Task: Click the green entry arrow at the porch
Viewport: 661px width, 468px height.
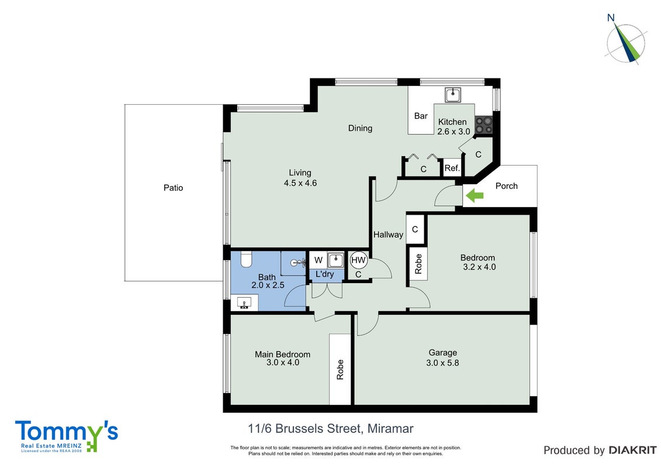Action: pyautogui.click(x=475, y=195)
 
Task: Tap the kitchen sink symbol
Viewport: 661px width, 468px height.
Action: pyautogui.click(x=453, y=95)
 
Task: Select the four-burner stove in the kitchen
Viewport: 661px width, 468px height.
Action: pyautogui.click(x=483, y=125)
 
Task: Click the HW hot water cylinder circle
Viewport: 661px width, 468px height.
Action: pyautogui.click(x=358, y=260)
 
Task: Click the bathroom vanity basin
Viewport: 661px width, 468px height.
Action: pyautogui.click(x=245, y=302)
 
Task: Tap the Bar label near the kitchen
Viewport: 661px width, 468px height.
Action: pyautogui.click(x=421, y=116)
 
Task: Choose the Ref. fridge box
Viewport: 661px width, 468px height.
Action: pyautogui.click(x=452, y=168)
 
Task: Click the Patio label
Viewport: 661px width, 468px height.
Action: pyautogui.click(x=173, y=188)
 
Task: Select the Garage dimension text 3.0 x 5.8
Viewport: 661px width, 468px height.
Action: pyautogui.click(x=442, y=363)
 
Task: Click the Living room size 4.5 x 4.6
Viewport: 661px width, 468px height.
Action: pyautogui.click(x=300, y=183)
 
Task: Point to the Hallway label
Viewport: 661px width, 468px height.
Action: pyautogui.click(x=388, y=235)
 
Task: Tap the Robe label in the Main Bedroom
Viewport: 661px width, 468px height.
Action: pyautogui.click(x=340, y=370)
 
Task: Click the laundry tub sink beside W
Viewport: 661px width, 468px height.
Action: pyautogui.click(x=335, y=260)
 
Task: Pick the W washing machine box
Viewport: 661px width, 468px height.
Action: pyautogui.click(x=319, y=260)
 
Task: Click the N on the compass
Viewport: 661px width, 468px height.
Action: pyautogui.click(x=611, y=18)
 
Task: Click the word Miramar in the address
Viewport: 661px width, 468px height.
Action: pyautogui.click(x=390, y=429)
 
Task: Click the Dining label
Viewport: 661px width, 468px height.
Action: pyautogui.click(x=360, y=128)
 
